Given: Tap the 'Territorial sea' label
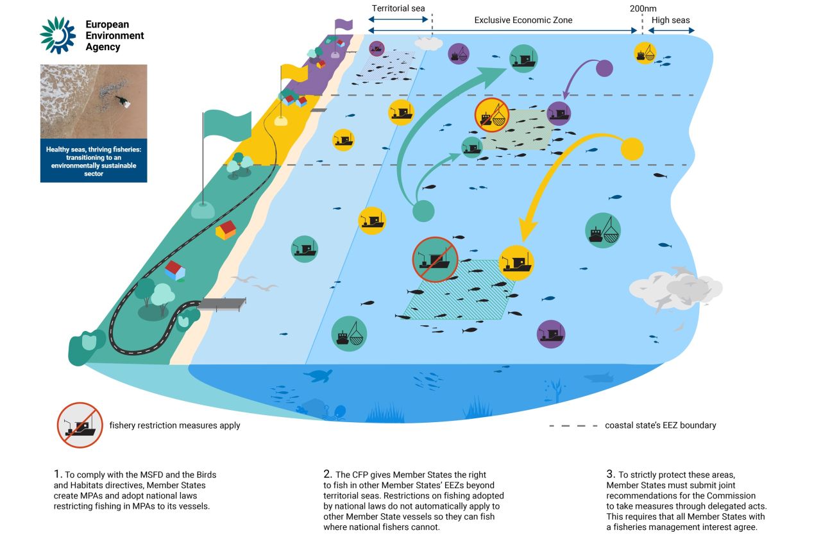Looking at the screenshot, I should tap(398, 9).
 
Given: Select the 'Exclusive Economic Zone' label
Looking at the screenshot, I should tap(523, 20).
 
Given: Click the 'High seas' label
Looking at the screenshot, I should tap(670, 20).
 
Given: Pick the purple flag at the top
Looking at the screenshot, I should tap(344, 24).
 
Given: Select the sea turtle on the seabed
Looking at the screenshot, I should tap(317, 375).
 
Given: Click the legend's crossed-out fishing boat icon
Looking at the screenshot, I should tap(80, 425).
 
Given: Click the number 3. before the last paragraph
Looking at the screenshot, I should tap(611, 475).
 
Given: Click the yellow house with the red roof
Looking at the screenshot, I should tap(226, 229).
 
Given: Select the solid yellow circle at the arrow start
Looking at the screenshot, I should tap(632, 149).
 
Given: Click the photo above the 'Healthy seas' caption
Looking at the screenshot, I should tap(94, 101).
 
